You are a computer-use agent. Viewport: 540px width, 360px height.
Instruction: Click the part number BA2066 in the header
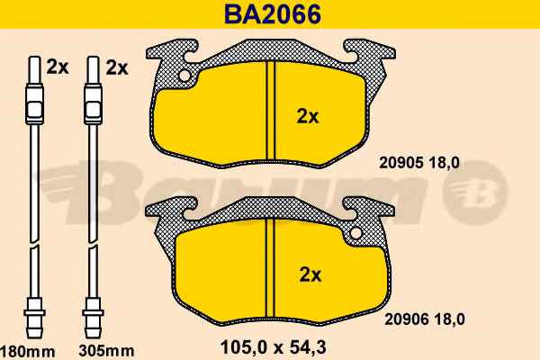pyautogui.click(x=273, y=14)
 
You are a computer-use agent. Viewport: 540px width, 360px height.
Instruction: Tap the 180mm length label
pyautogui.click(x=27, y=352)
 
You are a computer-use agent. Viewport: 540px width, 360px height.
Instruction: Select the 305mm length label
pyautogui.click(x=106, y=351)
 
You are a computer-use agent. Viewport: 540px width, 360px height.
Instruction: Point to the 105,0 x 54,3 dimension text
pyautogui.click(x=273, y=347)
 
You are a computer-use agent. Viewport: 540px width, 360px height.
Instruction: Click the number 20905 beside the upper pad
pyautogui.click(x=400, y=163)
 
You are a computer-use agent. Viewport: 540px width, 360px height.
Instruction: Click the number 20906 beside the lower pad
pyautogui.click(x=406, y=319)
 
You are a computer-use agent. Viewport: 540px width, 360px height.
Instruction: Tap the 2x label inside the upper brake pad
pyautogui.click(x=308, y=117)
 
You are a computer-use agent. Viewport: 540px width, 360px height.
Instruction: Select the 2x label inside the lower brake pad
pyautogui.click(x=310, y=274)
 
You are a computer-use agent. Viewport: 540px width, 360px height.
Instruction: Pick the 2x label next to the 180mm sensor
pyautogui.click(x=58, y=67)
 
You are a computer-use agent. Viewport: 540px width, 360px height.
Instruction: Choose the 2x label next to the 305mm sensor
pyautogui.click(x=117, y=67)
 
